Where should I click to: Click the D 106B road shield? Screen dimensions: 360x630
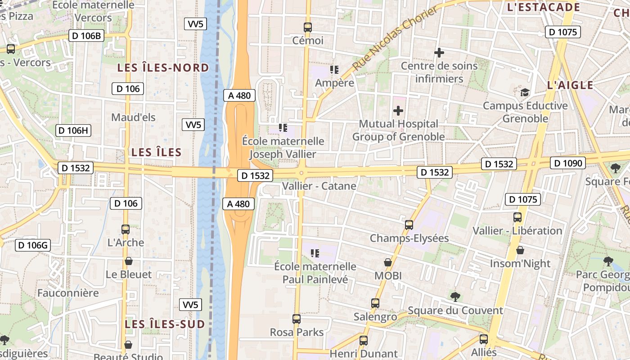click(86, 36)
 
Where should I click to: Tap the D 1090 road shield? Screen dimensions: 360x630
click(567, 163)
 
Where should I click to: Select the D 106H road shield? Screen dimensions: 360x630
click(73, 130)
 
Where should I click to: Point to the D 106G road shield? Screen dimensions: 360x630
click(33, 245)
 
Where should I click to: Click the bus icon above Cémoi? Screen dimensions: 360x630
click(308, 27)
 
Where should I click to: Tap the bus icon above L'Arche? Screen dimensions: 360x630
click(126, 229)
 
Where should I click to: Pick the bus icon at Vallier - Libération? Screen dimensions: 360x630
click(517, 217)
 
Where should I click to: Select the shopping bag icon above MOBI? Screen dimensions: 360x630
click(387, 262)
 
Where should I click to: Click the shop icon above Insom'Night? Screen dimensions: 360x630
click(520, 250)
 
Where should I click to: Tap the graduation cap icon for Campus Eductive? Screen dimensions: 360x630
click(525, 93)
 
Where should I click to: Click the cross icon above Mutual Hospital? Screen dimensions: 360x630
click(398, 110)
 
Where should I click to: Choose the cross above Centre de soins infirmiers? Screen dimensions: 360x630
click(439, 53)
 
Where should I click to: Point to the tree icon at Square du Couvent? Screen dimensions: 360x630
click(455, 297)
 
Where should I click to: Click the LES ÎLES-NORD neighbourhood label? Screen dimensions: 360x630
click(163, 68)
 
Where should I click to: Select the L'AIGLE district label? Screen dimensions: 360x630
click(570, 85)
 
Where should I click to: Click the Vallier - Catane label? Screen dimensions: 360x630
click(319, 186)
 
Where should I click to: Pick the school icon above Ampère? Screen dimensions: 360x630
click(334, 70)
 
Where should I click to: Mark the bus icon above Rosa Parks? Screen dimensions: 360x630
click(297, 319)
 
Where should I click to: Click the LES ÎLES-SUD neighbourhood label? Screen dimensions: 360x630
click(165, 324)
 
